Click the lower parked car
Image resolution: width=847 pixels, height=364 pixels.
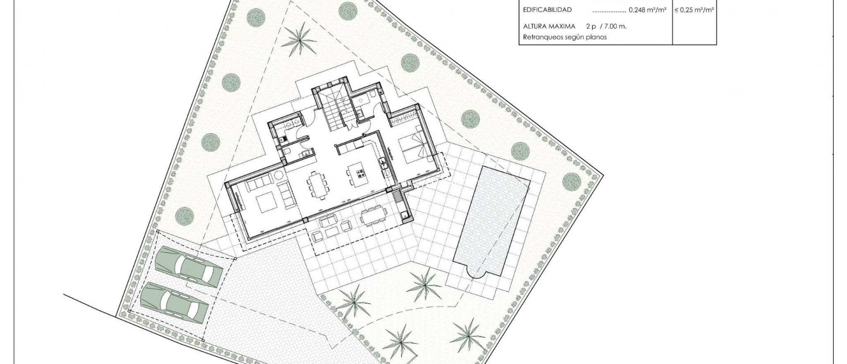point(175,303)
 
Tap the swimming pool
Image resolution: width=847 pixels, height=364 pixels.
point(492,221)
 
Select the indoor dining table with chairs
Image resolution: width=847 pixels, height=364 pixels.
point(318,185)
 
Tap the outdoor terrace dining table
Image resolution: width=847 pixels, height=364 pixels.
point(374,216)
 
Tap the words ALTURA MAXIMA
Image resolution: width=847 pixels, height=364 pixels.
point(549,26)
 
